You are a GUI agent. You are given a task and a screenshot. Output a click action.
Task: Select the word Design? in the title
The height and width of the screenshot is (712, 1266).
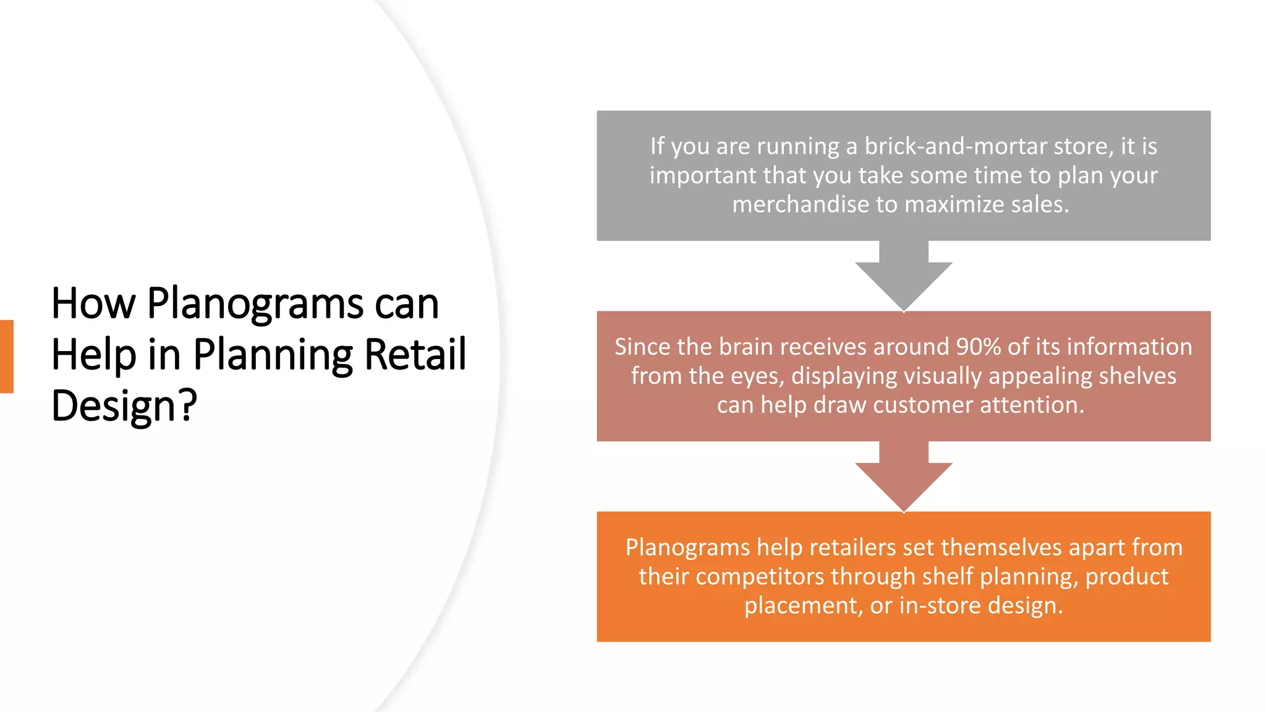tap(124, 406)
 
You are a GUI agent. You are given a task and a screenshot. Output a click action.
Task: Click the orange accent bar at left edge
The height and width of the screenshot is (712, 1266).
tap(6, 357)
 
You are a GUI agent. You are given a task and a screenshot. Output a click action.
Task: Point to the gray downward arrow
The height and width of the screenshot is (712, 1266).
tap(903, 275)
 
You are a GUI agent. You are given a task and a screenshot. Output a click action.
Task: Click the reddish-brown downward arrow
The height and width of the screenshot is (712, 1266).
tap(903, 476)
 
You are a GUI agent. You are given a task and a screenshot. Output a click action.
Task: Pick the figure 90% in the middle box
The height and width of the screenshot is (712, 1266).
tap(978, 347)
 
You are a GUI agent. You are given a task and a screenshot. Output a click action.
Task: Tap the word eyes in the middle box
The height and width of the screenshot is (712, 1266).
tap(757, 376)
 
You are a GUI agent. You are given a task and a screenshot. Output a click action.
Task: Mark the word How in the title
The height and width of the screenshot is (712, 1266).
tap(93, 305)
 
